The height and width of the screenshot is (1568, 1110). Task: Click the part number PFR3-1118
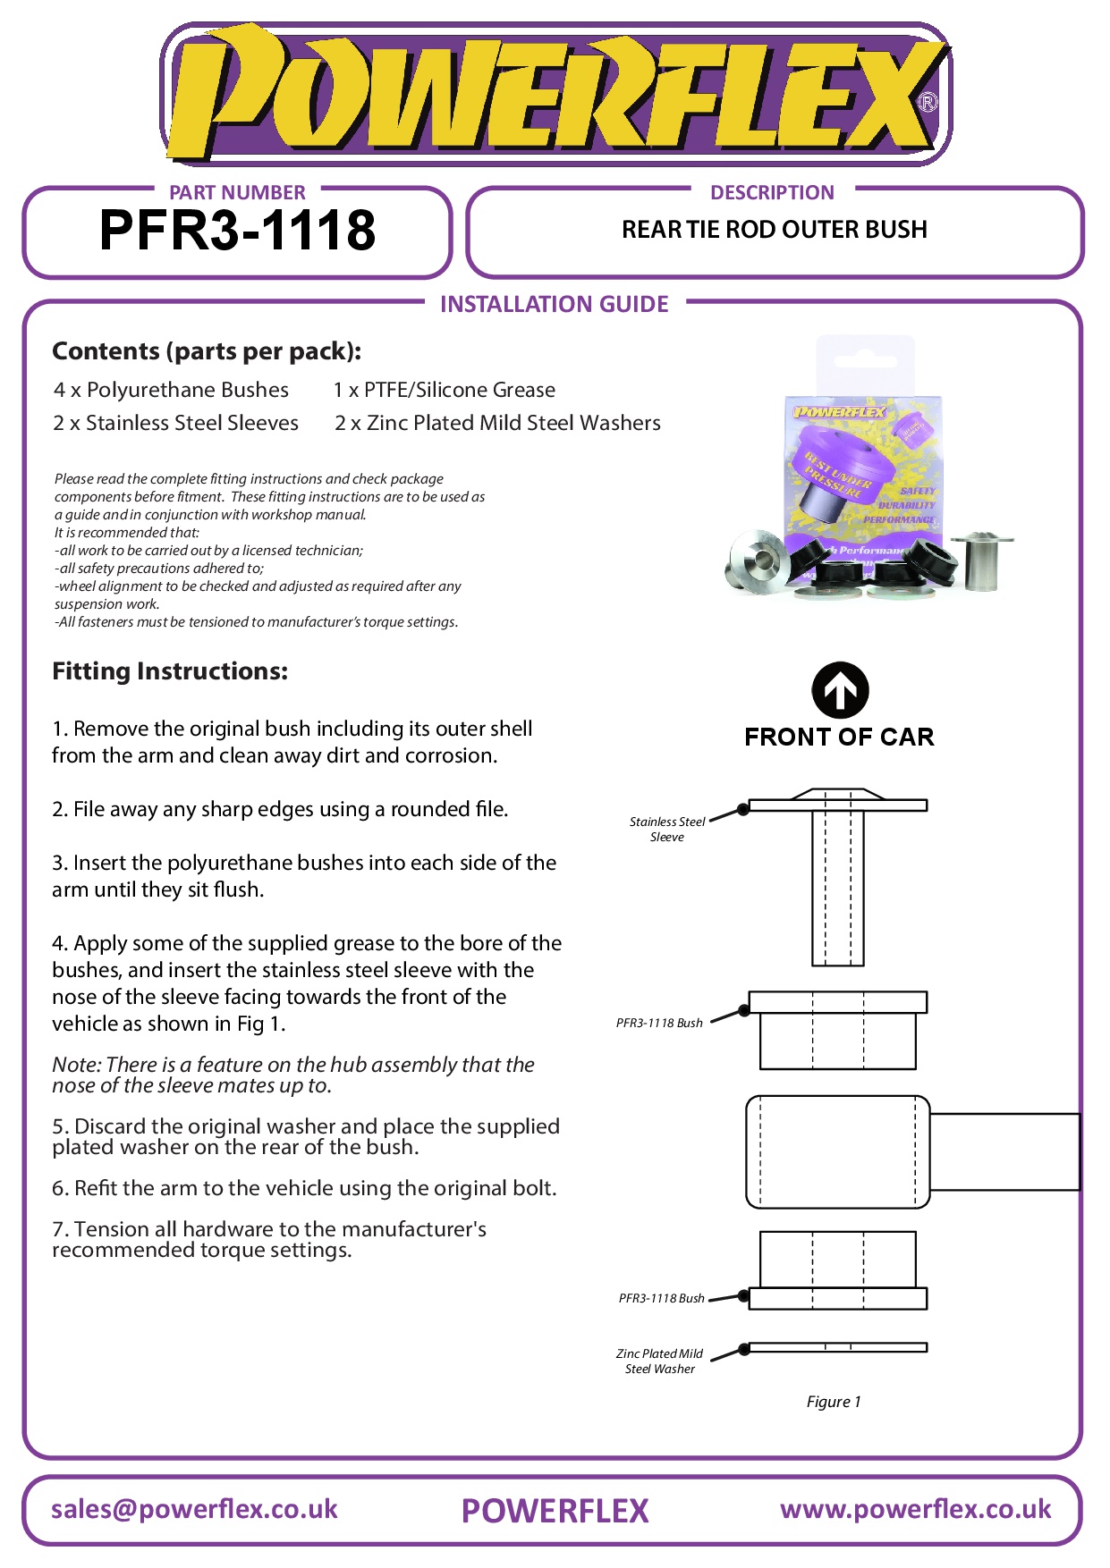[x=237, y=231]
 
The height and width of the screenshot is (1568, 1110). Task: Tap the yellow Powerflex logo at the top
[x=555, y=94]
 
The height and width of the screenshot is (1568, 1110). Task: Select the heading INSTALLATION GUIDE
[x=554, y=305]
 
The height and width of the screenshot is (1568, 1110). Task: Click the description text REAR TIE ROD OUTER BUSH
[x=774, y=230]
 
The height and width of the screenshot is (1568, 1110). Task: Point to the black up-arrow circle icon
[x=840, y=690]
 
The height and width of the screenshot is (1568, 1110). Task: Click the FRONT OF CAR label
[x=839, y=737]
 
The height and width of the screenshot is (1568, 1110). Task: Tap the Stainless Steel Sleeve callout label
[x=667, y=829]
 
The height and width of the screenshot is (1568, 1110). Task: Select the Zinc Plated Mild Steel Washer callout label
[x=660, y=1361]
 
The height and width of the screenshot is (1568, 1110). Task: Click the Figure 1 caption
[x=834, y=1402]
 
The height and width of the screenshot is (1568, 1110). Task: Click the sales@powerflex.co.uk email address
[x=194, y=1509]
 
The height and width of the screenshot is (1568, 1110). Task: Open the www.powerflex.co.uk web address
[x=915, y=1509]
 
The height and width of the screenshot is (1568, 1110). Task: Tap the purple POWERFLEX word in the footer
[x=555, y=1511]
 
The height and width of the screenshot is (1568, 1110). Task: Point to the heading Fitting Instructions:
[x=170, y=671]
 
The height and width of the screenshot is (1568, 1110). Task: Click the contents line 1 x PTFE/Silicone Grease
[x=444, y=390]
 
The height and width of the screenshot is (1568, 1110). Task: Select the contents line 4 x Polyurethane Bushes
[x=171, y=390]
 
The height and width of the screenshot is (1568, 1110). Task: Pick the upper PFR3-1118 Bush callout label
[x=659, y=1023]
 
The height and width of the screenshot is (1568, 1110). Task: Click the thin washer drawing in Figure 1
[x=837, y=1347]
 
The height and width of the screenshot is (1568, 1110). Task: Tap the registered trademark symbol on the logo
[x=928, y=102]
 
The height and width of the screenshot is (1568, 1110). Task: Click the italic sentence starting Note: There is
[x=292, y=1075]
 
